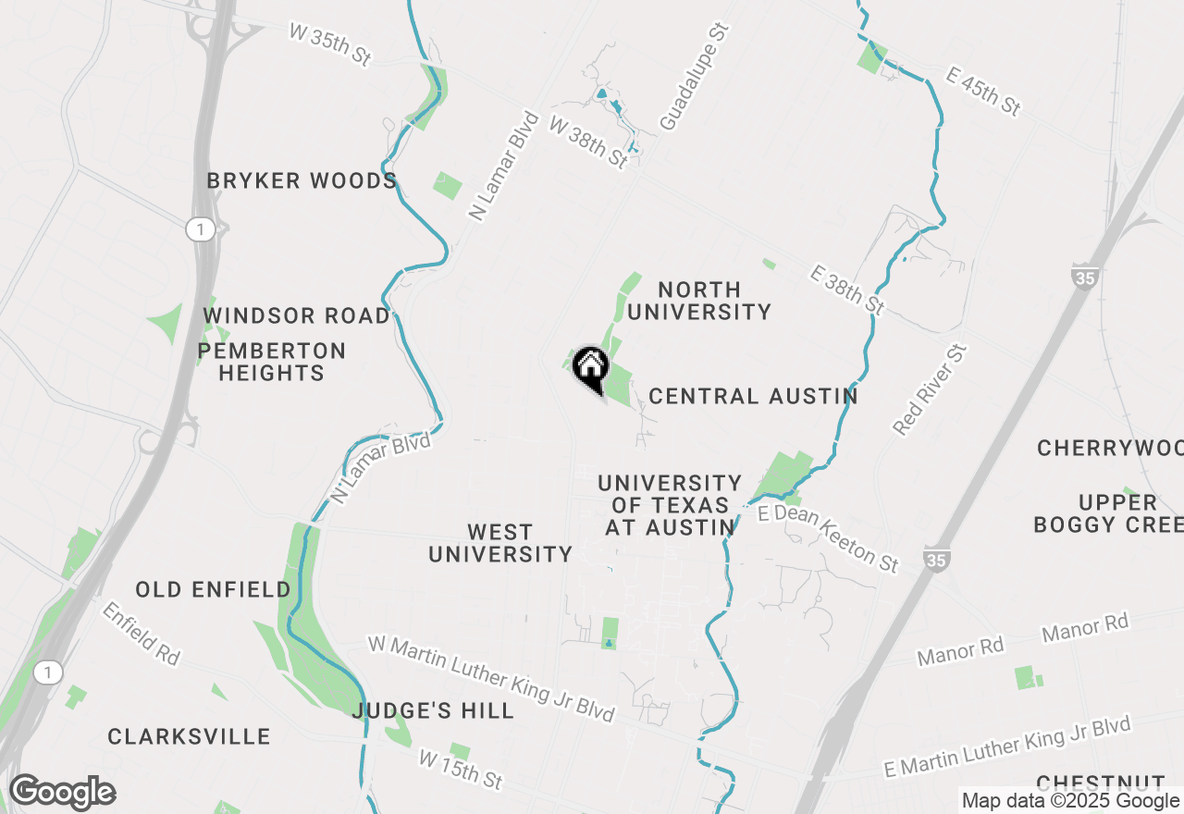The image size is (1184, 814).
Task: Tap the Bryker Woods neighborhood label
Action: pos(302,180)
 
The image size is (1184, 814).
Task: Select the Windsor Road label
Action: pos(297,315)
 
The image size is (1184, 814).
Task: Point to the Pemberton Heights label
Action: pos(271,362)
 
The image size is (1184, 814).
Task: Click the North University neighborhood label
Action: pos(699,301)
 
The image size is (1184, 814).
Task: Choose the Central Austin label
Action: pos(753,397)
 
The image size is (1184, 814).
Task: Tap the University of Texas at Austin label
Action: pos(670,505)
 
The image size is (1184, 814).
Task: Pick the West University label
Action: pos(500,543)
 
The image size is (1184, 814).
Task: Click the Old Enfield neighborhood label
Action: pos(213,589)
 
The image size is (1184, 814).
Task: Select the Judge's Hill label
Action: pos(433,710)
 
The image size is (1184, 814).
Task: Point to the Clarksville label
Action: pos(189,736)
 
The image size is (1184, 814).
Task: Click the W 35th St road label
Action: pos(330,44)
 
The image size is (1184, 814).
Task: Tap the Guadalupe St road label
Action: pos(695,77)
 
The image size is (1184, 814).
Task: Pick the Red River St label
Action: pos(930,388)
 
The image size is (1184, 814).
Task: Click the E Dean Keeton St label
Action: pos(828,538)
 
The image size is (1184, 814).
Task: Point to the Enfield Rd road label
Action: pos(141,633)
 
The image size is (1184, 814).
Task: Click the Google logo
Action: pos(63,793)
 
